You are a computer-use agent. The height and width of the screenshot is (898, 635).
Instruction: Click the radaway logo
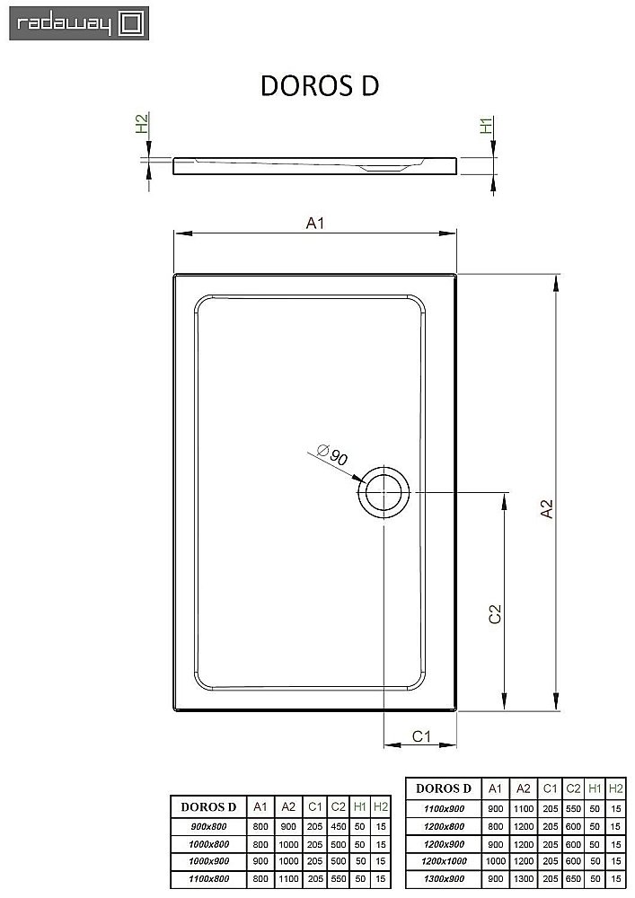point(75,23)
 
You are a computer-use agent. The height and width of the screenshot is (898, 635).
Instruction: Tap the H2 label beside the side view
point(141,124)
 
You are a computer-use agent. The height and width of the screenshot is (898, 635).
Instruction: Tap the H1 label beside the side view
point(486,126)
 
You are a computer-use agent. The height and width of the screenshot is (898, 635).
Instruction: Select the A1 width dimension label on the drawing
point(314,224)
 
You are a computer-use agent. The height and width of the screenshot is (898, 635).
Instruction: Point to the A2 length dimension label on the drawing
point(546,509)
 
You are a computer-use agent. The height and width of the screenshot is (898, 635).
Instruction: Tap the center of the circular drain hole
point(384,492)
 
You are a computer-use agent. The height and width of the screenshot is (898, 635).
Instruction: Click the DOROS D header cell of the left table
point(209,806)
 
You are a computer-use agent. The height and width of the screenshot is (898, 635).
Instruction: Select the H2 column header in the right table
point(615,788)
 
